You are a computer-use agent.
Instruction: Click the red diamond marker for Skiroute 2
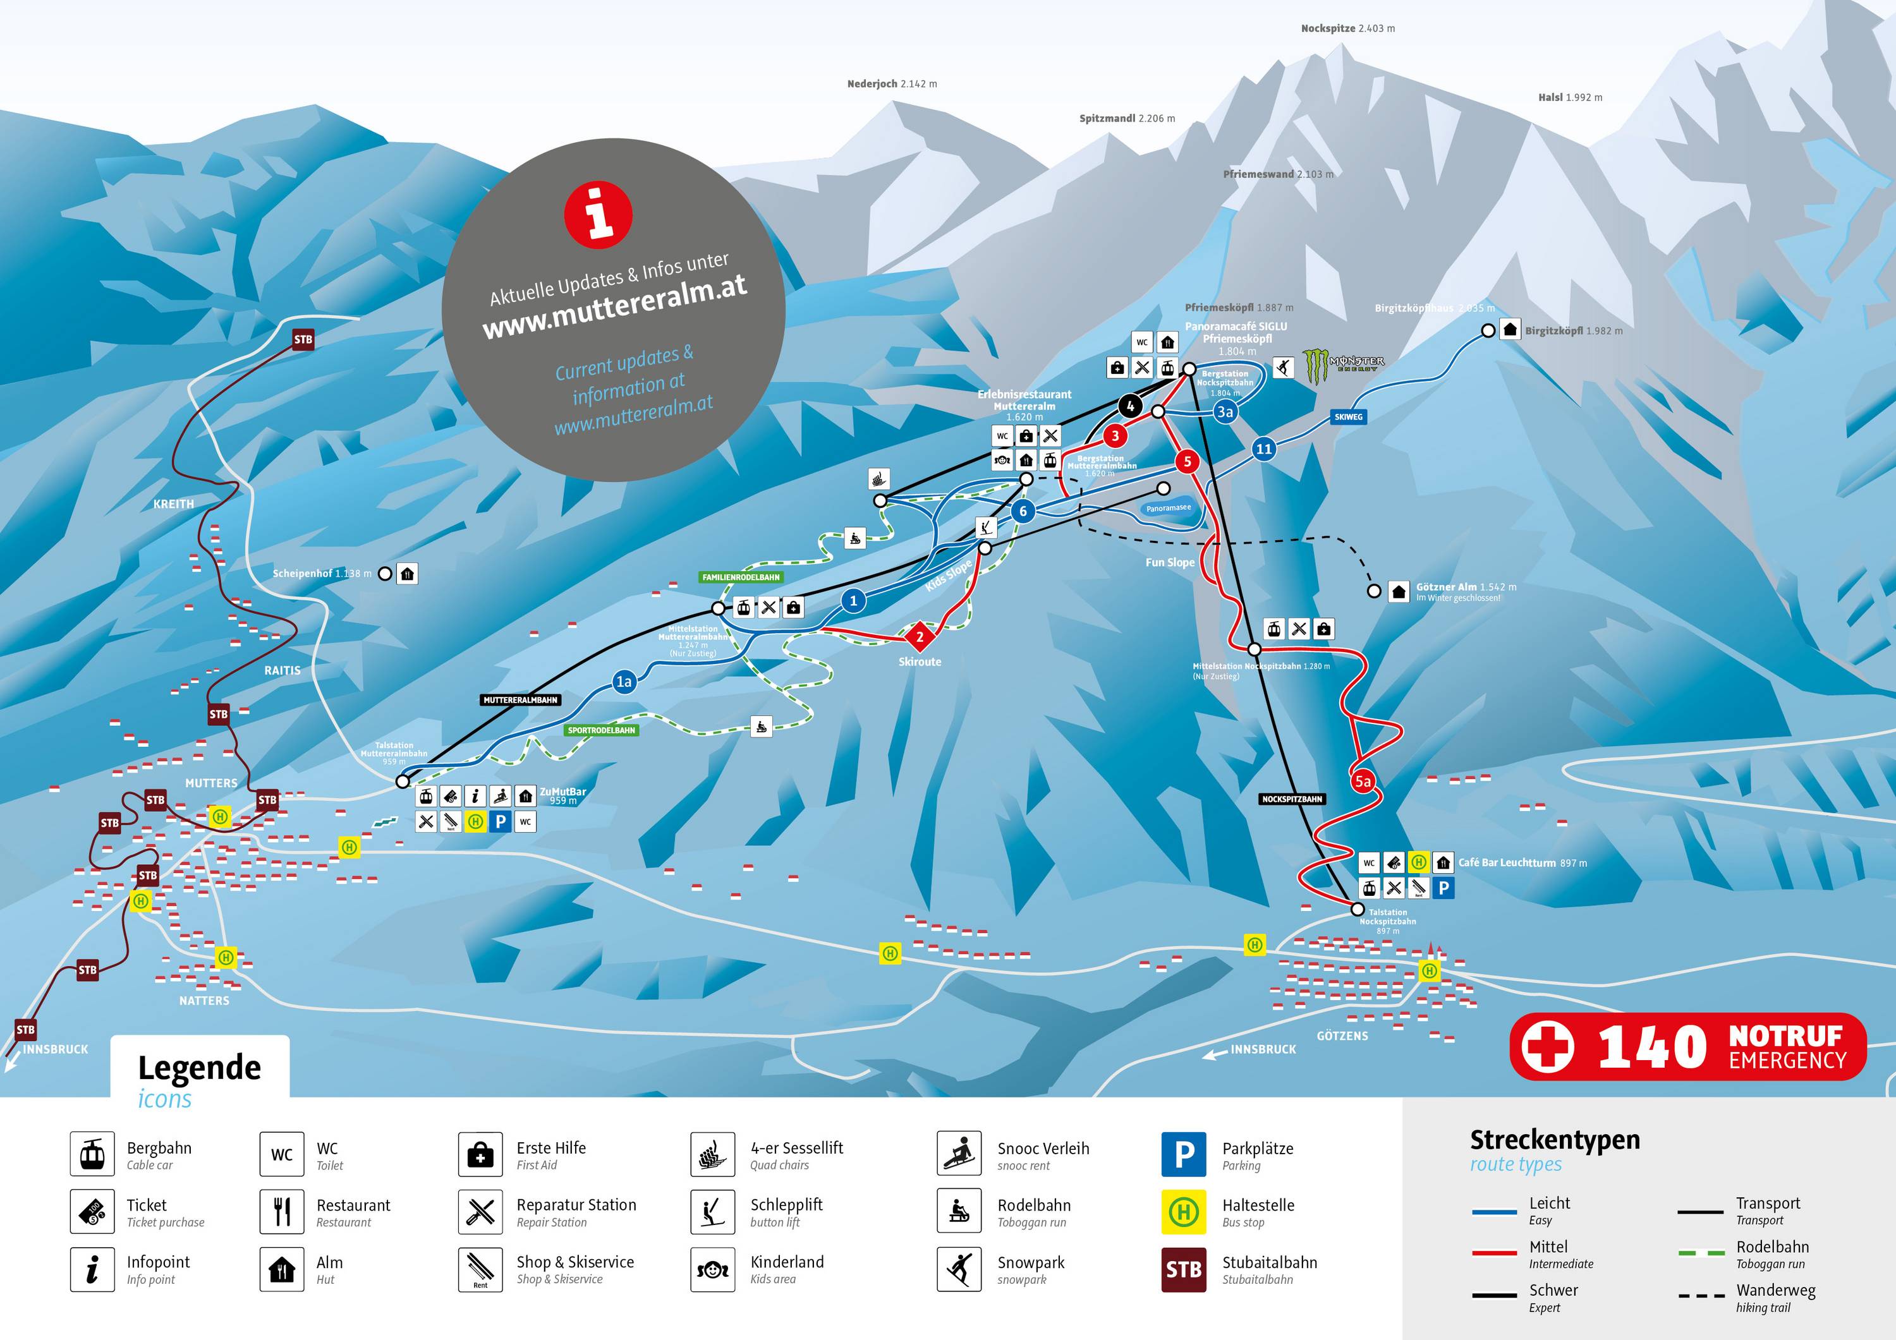[x=919, y=637]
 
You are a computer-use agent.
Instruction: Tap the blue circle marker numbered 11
[x=1263, y=449]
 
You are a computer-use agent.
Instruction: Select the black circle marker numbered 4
[x=1129, y=406]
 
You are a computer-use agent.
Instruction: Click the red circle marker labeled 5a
[x=1363, y=781]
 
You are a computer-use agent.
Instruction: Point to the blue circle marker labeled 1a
[x=623, y=681]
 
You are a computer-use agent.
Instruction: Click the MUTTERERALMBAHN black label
[x=520, y=700]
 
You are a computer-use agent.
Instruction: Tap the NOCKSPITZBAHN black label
[x=1292, y=799]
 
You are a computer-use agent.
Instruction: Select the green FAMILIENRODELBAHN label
[x=741, y=577]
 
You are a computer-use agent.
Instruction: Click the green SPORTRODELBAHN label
[x=601, y=730]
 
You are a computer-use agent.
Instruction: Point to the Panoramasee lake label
[x=1168, y=509]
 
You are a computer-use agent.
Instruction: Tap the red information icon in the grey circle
[x=599, y=214]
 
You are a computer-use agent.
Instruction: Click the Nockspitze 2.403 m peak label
[x=1347, y=28]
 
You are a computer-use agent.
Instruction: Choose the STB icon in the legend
[x=1183, y=1269]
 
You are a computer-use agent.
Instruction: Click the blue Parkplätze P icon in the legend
[x=1183, y=1154]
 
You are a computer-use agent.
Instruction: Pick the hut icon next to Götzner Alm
[x=1398, y=591]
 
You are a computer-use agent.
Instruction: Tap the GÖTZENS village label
[x=1342, y=1035]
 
